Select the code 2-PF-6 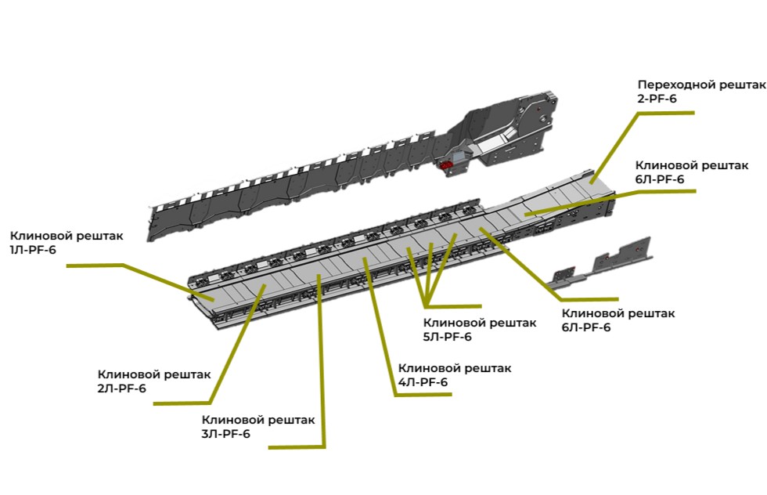[x=657, y=99]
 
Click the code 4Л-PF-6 [x=423, y=382]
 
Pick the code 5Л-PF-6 [x=447, y=337]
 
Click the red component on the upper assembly [x=448, y=164]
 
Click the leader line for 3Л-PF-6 [x=322, y=368]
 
